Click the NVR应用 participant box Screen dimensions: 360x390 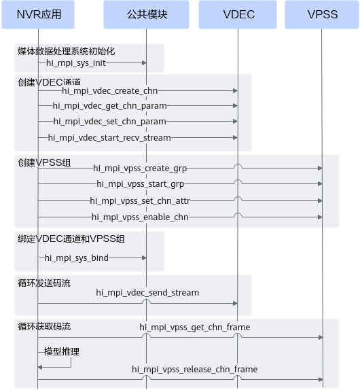(38, 14)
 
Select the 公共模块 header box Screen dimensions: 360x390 (146, 14)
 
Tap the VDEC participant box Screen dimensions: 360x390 (238, 14)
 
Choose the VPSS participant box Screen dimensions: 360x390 (322, 14)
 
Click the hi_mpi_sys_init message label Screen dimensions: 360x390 (76, 63)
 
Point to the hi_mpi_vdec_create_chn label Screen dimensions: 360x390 (109, 91)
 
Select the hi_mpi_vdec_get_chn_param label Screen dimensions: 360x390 (109, 106)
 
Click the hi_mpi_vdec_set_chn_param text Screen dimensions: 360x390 (109, 122)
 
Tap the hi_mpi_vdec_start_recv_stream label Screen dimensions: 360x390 (109, 137)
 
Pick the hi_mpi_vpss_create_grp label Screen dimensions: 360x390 (140, 169)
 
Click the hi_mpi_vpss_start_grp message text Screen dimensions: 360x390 (140, 184)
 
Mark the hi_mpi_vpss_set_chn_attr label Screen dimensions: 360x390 (140, 200)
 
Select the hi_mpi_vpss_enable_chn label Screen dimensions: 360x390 (140, 217)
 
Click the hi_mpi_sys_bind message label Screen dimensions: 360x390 (77, 258)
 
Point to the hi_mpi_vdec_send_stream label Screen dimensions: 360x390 (147, 292)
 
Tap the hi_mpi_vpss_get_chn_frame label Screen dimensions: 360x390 (195, 327)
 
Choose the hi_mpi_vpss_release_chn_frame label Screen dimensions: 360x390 (195, 369)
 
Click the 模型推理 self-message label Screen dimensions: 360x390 (62, 352)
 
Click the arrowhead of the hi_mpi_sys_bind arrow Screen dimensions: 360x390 (144, 258)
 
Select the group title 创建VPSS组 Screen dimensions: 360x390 (44, 162)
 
